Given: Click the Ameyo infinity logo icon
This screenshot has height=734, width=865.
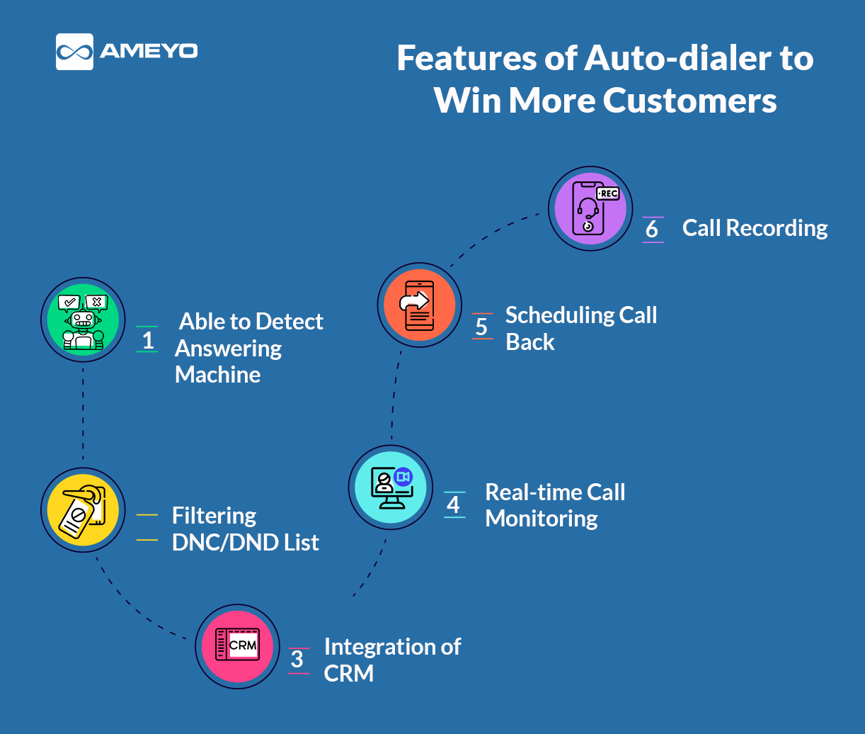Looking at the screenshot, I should click(74, 52).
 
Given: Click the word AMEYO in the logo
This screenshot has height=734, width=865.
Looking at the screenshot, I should click(149, 51).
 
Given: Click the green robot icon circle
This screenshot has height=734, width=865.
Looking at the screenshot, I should click(83, 320).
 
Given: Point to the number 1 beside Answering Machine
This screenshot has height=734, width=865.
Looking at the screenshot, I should click(148, 340).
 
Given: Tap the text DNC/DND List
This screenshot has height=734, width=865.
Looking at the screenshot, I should click(245, 543).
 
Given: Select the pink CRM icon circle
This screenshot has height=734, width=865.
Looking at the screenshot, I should click(237, 646).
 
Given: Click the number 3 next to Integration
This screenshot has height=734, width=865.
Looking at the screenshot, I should click(298, 660).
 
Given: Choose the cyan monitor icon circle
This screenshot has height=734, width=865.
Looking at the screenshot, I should click(391, 487).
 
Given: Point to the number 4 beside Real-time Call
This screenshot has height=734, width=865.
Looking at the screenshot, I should click(454, 504).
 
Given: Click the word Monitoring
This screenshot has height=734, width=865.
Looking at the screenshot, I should click(542, 519).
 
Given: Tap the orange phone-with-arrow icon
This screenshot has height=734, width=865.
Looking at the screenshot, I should click(419, 305).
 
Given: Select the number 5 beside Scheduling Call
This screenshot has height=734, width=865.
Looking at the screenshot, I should click(482, 327).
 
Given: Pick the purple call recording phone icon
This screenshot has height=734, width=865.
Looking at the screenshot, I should click(590, 208).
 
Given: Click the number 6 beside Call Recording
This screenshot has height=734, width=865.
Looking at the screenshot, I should click(652, 230).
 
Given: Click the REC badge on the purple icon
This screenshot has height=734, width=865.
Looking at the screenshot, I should click(608, 193).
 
